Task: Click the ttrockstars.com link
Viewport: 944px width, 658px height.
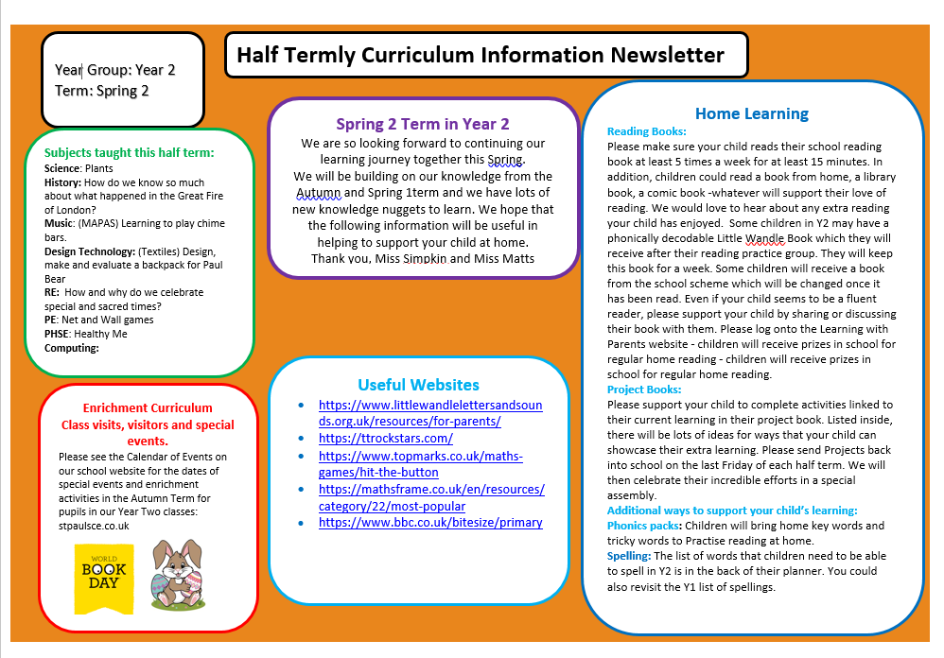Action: tap(386, 438)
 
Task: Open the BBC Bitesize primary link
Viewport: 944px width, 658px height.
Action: tap(430, 522)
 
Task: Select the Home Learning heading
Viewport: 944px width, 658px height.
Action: tap(751, 113)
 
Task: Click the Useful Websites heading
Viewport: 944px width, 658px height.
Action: tap(418, 385)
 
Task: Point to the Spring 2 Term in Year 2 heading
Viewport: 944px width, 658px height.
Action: tap(423, 124)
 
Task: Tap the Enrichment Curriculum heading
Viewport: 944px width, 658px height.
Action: tap(148, 408)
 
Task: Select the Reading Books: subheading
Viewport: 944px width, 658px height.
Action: tap(647, 131)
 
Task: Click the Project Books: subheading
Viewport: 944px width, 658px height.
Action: tap(644, 390)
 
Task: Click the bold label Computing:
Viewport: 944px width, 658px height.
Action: tap(72, 348)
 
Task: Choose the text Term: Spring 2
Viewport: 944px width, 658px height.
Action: tap(102, 91)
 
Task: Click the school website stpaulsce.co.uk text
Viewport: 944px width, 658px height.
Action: tap(94, 525)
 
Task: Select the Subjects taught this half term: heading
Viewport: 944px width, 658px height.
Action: tap(130, 152)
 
